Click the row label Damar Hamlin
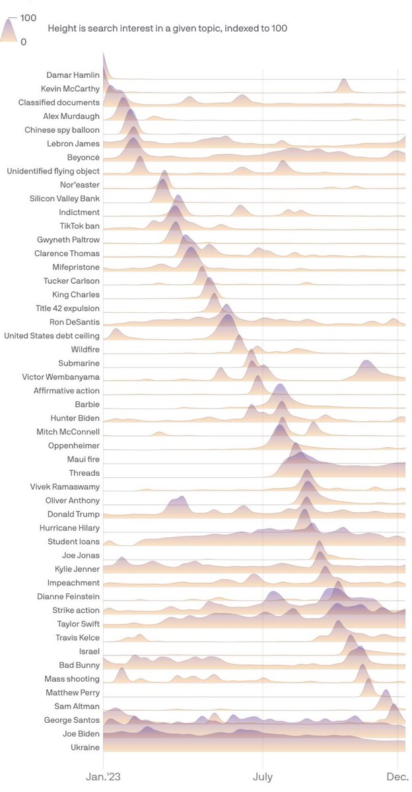click(73, 75)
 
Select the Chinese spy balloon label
click(62, 129)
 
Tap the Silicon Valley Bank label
click(65, 198)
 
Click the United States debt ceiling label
click(51, 335)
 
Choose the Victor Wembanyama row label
click(61, 377)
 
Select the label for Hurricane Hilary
click(68, 528)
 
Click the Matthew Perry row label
click(73, 692)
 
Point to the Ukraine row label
click(85, 747)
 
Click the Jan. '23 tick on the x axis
click(105, 778)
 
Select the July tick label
click(263, 778)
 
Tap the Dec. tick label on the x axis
click(398, 778)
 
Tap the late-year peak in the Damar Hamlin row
click(343, 80)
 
